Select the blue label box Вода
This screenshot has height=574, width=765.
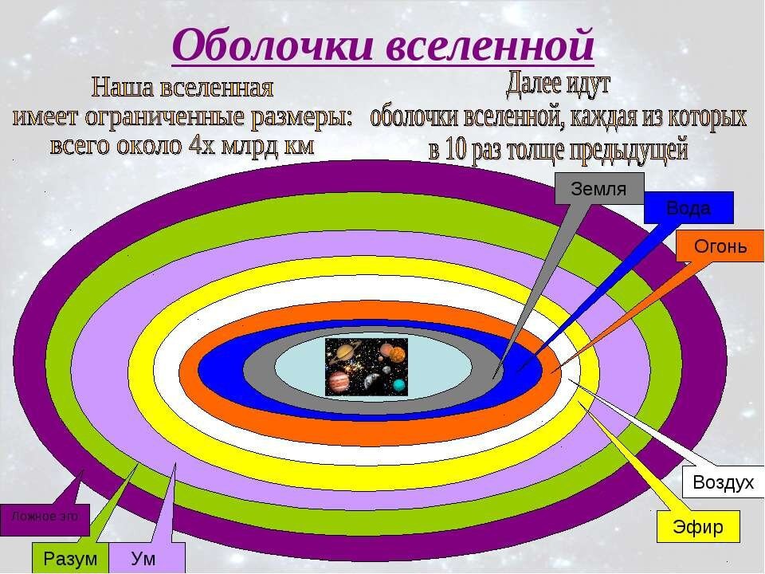point(688,208)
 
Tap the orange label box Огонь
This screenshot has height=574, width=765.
point(720,246)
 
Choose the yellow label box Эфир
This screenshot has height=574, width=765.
point(697,528)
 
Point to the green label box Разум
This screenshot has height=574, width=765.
point(70,559)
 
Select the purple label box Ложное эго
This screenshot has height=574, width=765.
point(45,517)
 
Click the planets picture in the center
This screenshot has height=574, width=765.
point(367,366)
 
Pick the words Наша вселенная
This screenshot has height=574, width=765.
point(182,85)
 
